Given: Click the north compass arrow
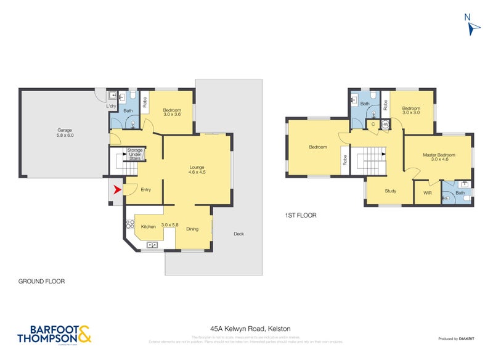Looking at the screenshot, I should (x=473, y=27).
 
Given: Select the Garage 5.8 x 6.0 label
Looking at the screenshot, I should (x=61, y=133).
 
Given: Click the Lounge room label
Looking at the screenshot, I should (x=197, y=169).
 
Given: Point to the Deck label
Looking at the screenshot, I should (x=239, y=234).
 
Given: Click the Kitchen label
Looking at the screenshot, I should (x=149, y=227).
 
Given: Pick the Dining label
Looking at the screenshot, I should (x=192, y=229).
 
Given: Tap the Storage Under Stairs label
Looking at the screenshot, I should (x=135, y=153).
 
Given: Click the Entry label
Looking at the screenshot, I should (x=145, y=189).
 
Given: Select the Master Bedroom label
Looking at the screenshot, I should (x=438, y=157).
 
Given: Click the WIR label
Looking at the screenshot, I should (x=427, y=193).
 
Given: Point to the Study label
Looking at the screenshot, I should (x=390, y=191).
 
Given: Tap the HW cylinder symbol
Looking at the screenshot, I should (x=385, y=125).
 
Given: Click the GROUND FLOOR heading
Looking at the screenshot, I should (x=41, y=280).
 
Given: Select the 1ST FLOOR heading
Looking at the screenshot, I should (x=301, y=216).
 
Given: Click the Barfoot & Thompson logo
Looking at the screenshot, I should (x=55, y=333).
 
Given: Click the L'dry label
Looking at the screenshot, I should (x=111, y=107).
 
